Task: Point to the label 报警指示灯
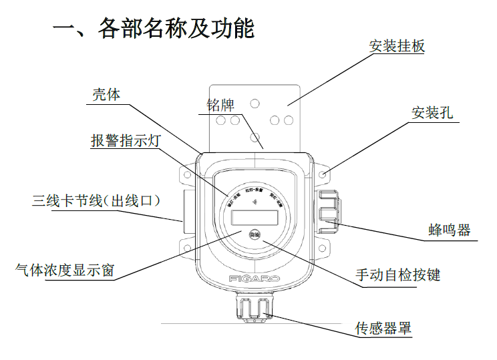[x=125, y=142]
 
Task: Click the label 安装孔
[x=432, y=112]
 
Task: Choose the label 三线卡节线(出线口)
[x=98, y=200]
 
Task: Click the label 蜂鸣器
[x=449, y=230]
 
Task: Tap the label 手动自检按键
[x=398, y=275]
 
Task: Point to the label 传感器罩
[x=382, y=329]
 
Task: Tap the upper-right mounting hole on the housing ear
[x=323, y=174]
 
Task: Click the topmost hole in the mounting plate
[x=254, y=104]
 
